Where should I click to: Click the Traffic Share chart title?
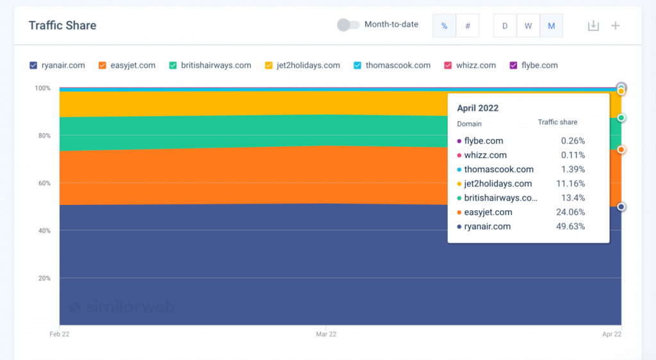pos(62,26)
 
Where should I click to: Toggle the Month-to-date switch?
pos(348,25)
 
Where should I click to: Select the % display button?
pos(444,26)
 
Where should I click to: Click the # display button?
pos(468,26)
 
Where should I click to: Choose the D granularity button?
pos(505,26)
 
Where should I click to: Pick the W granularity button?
pos(528,26)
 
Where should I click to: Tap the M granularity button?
pos(551,26)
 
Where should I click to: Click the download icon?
pos(593,26)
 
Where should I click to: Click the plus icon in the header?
pos(615,26)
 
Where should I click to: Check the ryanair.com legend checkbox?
pos(33,65)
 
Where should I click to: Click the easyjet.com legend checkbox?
pos(102,65)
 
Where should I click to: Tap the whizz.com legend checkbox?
pos(448,65)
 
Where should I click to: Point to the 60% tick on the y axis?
pos(42,183)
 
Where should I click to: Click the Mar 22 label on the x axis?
pos(326,334)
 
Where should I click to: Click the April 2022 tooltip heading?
pos(477,108)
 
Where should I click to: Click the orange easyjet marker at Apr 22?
pos(621,149)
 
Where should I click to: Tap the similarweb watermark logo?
pos(122,307)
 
